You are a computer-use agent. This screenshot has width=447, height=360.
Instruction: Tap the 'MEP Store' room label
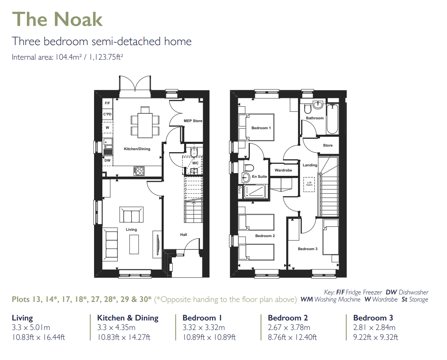pyautogui.click(x=193, y=121)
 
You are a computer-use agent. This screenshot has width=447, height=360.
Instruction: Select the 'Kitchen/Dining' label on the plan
pyautogui.click(x=137, y=149)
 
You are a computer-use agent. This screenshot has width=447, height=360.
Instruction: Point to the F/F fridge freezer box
pyautogui.click(x=107, y=104)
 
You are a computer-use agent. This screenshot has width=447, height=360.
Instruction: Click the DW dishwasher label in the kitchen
pyautogui.click(x=107, y=160)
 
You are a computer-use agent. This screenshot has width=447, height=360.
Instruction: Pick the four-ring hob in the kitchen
pyautogui.click(x=140, y=171)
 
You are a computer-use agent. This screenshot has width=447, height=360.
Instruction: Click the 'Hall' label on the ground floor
pyautogui.click(x=183, y=235)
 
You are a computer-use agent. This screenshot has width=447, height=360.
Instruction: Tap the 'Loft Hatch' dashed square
pyautogui.click(x=309, y=184)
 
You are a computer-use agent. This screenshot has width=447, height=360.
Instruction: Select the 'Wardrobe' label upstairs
pyautogui.click(x=283, y=170)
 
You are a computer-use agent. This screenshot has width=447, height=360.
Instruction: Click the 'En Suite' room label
pyautogui.click(x=260, y=177)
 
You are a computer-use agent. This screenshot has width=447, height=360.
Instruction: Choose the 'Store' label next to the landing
pyautogui.click(x=328, y=145)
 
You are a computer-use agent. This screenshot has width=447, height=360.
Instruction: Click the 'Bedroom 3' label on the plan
pyautogui.click(x=307, y=249)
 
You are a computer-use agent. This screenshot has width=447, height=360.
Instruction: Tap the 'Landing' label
pyautogui.click(x=310, y=165)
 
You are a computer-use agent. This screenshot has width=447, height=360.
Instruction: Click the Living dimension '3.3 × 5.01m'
pyautogui.click(x=31, y=328)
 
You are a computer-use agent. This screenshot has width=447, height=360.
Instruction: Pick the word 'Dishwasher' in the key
pyautogui.click(x=413, y=292)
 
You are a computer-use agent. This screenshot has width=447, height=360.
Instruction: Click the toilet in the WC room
pyautogui.click(x=193, y=152)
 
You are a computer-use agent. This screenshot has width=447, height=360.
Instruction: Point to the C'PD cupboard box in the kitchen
pyautogui.click(x=107, y=115)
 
